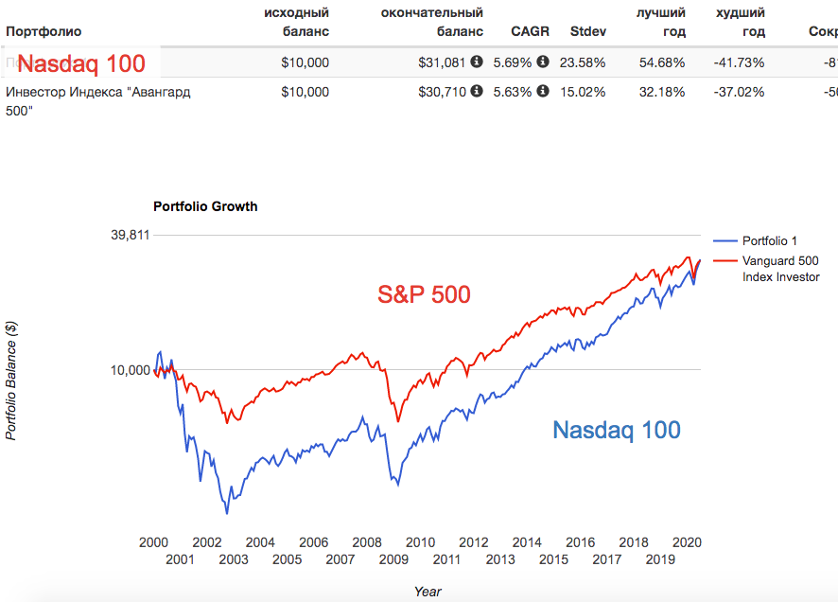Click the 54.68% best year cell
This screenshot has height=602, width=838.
(661, 62)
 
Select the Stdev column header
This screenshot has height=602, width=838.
(588, 31)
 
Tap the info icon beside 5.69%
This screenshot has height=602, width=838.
(543, 62)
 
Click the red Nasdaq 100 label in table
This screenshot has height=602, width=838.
(81, 64)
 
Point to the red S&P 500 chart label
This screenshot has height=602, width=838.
(424, 294)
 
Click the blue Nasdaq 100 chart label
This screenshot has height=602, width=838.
(616, 430)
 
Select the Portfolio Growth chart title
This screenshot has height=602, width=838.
(205, 206)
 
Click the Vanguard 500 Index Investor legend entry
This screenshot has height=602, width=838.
(780, 268)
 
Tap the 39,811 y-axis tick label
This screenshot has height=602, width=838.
(131, 235)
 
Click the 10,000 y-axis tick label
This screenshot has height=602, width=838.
(131, 370)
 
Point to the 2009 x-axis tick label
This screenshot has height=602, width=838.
(393, 559)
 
